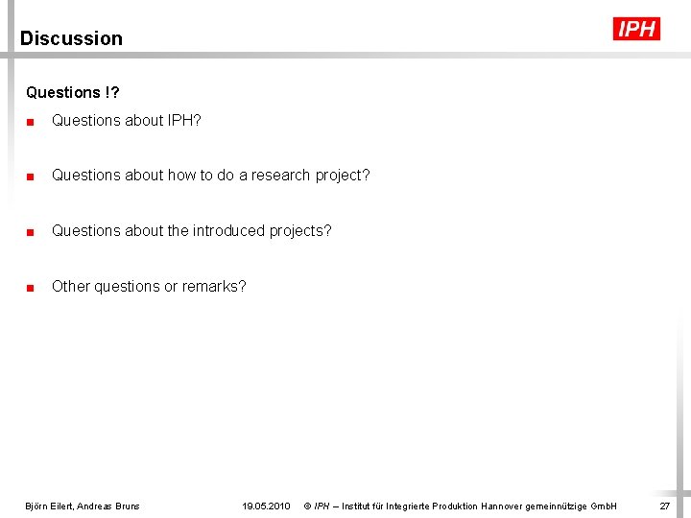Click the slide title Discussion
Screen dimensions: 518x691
point(71,38)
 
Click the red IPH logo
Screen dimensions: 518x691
point(636,29)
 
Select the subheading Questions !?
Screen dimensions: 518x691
point(73,93)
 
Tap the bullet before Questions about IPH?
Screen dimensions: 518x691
point(32,121)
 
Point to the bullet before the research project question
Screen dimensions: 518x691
point(32,176)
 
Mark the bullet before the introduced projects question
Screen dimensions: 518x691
point(32,231)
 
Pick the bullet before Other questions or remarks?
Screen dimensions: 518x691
point(32,287)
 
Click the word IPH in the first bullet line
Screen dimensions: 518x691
point(180,121)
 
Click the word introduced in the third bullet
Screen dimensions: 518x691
point(224,231)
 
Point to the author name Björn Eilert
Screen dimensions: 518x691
point(49,506)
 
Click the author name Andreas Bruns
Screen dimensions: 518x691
point(108,506)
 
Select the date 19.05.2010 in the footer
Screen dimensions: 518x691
point(266,506)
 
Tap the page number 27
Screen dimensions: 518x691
point(664,506)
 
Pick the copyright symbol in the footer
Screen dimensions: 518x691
point(307,506)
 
